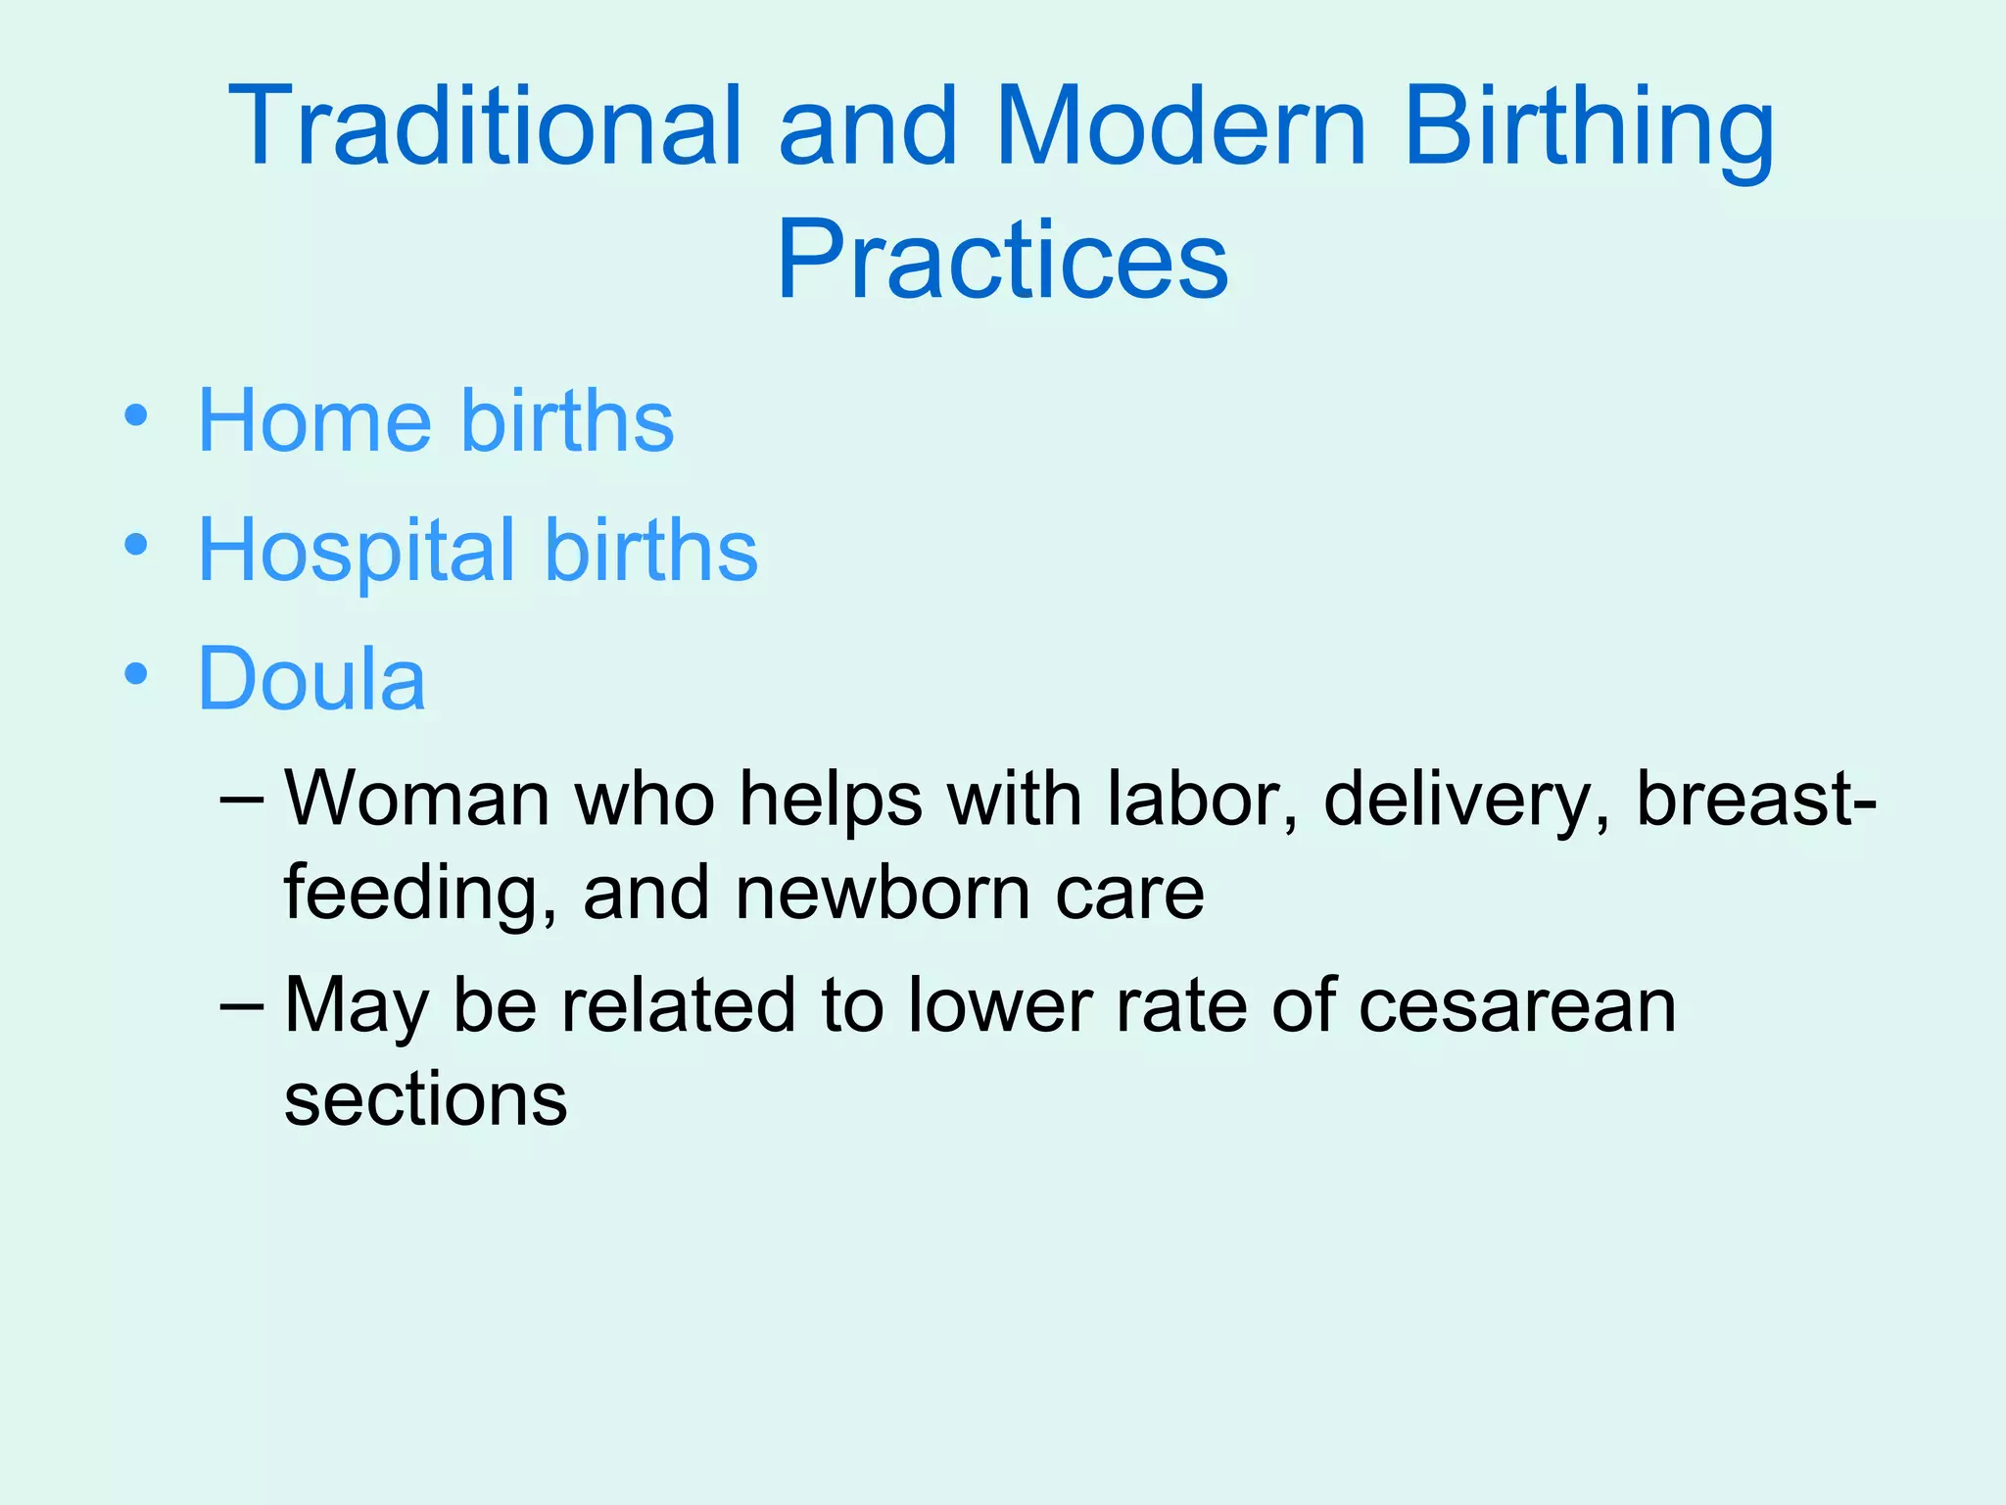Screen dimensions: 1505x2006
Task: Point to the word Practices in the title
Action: click(x=1002, y=260)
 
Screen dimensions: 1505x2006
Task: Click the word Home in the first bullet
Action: click(x=314, y=420)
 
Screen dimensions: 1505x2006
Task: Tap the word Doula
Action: click(x=311, y=678)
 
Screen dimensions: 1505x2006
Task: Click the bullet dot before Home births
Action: click(x=136, y=416)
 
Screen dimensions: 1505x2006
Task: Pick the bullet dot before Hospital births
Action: click(x=136, y=545)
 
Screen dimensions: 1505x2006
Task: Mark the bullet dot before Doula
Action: click(x=136, y=674)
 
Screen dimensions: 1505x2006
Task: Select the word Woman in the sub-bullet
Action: click(x=416, y=800)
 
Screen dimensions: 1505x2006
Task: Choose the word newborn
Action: click(x=883, y=893)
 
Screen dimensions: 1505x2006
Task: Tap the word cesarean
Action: click(x=1517, y=1006)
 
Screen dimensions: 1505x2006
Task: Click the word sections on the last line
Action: click(x=425, y=1099)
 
